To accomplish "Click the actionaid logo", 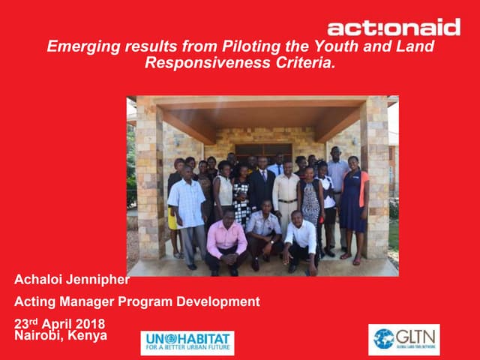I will tap(394, 28).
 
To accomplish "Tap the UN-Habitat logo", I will tap(187, 343).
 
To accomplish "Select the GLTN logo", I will tap(404, 340).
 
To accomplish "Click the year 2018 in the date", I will tap(89, 324).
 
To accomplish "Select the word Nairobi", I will tap(38, 335).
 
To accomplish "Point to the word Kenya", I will tap(88, 335).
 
